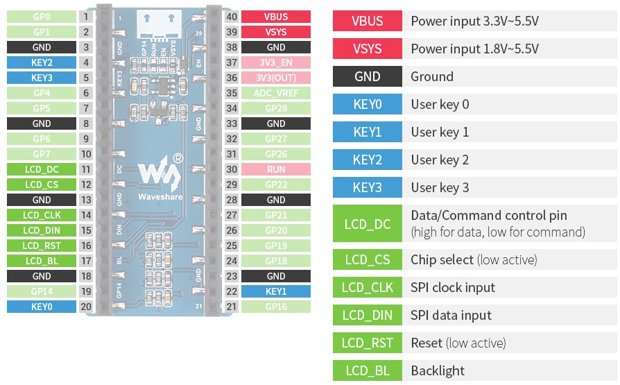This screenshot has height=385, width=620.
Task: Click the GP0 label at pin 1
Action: click(x=42, y=17)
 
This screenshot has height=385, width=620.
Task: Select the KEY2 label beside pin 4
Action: click(x=42, y=62)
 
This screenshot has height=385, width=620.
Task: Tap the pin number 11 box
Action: click(x=86, y=169)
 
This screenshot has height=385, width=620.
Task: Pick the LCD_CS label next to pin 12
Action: click(x=42, y=185)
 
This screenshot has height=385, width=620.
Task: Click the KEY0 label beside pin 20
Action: click(x=42, y=307)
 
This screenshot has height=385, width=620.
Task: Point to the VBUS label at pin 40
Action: click(x=276, y=17)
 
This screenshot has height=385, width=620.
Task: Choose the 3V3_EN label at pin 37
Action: click(x=276, y=62)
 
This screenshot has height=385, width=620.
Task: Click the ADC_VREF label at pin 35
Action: click(x=276, y=93)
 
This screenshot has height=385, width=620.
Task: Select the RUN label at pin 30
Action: click(x=276, y=169)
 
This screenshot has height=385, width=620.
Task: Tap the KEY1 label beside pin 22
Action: click(x=276, y=291)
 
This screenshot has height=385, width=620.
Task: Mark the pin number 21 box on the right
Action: click(x=232, y=307)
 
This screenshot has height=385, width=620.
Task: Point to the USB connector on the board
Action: click(x=160, y=21)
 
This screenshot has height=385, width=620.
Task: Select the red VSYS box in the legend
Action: click(x=367, y=49)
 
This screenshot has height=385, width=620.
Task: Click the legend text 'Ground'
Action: click(x=432, y=76)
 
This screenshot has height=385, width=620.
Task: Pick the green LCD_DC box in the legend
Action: click(x=367, y=223)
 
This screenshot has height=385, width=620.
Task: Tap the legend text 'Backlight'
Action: click(x=438, y=370)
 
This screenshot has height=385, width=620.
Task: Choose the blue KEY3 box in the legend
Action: click(x=367, y=187)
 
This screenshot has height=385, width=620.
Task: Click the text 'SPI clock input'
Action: click(x=453, y=287)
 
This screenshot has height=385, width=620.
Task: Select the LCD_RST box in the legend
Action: click(x=367, y=343)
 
